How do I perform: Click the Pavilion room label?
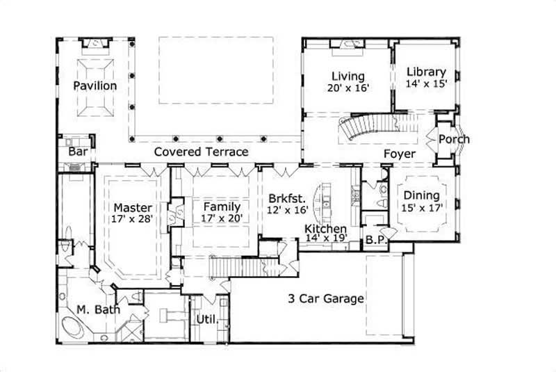tap(96, 86)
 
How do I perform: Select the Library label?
tap(426, 72)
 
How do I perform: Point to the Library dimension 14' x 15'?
tap(426, 83)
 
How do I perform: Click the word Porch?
tap(455, 139)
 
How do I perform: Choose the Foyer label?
tap(400, 154)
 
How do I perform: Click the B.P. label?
tap(375, 241)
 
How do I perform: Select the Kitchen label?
tap(325, 228)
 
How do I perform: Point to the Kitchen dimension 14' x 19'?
tap(325, 238)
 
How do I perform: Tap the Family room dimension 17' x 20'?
tap(222, 218)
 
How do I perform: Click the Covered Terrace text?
tap(201, 152)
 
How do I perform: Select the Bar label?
tap(76, 152)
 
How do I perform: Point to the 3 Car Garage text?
tap(327, 299)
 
